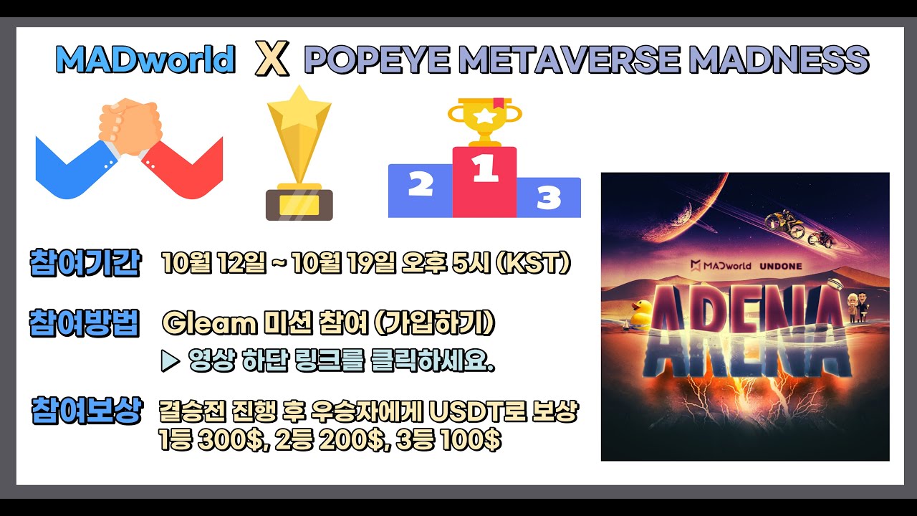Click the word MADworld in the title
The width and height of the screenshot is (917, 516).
(145, 60)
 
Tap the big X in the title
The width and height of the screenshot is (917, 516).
(272, 61)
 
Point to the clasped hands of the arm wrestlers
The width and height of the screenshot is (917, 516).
(129, 125)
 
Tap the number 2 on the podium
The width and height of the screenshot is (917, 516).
(420, 184)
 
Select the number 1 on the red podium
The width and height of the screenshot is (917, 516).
(484, 170)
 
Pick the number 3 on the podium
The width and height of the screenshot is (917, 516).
(548, 198)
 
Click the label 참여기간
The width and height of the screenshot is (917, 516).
(85, 262)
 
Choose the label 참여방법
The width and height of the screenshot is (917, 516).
(85, 322)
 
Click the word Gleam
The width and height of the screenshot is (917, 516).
(209, 324)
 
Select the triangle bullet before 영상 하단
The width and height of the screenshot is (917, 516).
(170, 362)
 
